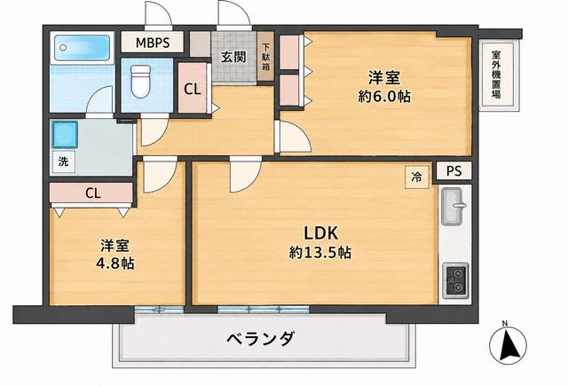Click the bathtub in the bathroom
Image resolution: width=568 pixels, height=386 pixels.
coord(82,47)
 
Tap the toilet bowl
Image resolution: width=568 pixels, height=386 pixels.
coord(140,81)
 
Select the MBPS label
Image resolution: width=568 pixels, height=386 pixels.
coord(153,43)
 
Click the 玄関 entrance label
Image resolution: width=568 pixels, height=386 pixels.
coord(233,57)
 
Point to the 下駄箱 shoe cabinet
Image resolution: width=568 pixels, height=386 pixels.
coord(266,57)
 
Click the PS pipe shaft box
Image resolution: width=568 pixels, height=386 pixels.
coord(454,170)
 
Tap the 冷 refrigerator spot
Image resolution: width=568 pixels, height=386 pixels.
coord(416,177)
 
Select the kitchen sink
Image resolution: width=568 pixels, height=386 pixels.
coord(452,207)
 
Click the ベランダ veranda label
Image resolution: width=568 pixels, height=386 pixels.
coord(261,339)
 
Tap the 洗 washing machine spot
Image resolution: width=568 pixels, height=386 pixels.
coord(63,161)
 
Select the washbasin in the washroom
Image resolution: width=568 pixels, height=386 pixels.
coord(65,135)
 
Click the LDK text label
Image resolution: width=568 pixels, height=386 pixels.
coord(320,233)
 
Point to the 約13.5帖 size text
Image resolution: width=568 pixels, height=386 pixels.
coord(320,252)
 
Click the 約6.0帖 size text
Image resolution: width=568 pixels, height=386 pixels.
coord(384,97)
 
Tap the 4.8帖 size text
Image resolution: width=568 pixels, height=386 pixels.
coord(114,264)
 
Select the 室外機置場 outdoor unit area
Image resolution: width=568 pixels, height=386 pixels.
coord(497,75)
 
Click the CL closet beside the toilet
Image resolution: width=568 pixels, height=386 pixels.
coord(193,88)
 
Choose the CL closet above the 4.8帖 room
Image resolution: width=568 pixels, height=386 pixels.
coord(91,193)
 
